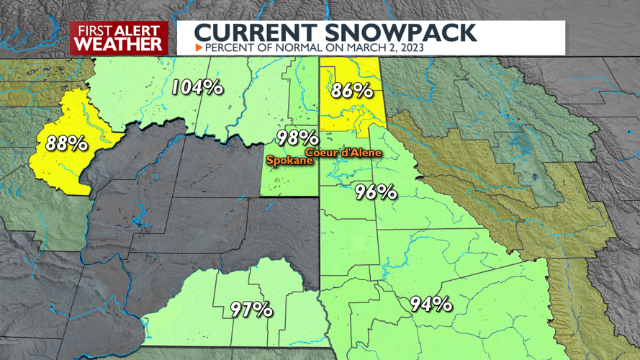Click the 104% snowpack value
pos(197,88)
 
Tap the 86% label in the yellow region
pos(351,91)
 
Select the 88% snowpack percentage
pos(66,143)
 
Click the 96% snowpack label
pos(376,192)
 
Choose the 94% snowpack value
pos(431,304)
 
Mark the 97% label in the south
pos(251,310)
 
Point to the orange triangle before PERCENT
pos(199,48)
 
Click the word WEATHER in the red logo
pos(118,43)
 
